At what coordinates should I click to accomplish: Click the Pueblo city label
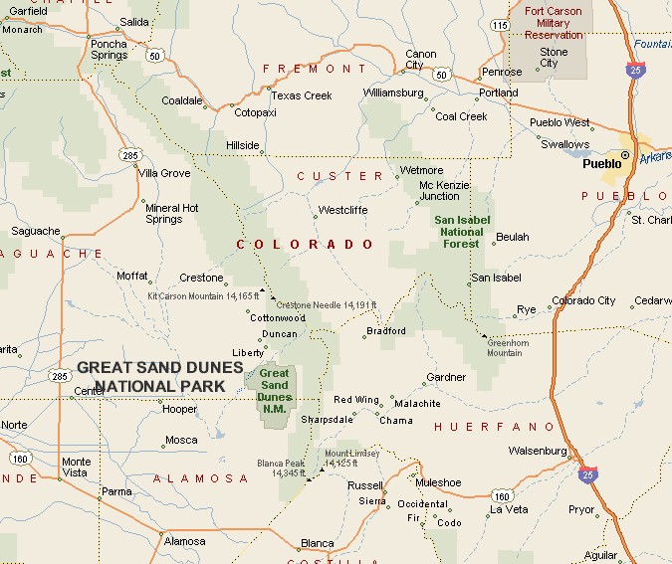[601, 164]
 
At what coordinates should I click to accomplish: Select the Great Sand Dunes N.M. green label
[274, 386]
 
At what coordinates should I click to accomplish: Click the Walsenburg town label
[538, 451]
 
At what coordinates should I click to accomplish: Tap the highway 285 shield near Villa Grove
[131, 155]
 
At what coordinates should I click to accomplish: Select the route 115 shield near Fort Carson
[499, 23]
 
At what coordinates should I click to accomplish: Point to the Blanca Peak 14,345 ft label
[281, 468]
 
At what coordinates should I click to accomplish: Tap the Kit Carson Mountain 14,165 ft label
[199, 295]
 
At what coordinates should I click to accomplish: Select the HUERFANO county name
[494, 427]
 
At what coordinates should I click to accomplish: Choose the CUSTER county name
[339, 176]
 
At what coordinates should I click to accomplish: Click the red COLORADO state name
[306, 244]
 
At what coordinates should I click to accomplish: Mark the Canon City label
[420, 60]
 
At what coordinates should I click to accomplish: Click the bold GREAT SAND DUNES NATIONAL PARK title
[160, 376]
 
